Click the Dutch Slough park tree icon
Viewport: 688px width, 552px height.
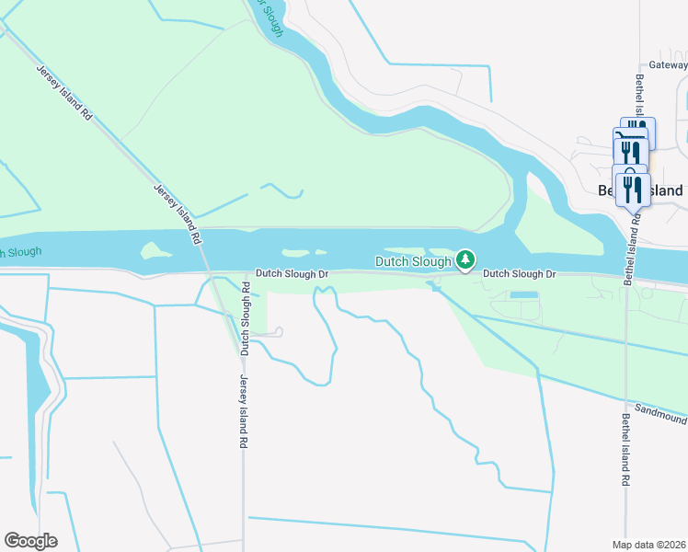click(465, 261)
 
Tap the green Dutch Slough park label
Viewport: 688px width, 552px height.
click(413, 261)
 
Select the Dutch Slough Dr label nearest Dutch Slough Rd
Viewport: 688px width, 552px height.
click(292, 274)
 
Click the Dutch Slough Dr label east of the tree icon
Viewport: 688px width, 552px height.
click(520, 274)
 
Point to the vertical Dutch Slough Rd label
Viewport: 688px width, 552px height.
click(246, 318)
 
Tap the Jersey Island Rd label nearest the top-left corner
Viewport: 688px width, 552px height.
click(64, 93)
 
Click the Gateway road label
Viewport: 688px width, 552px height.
click(668, 65)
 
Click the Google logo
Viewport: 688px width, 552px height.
click(30, 540)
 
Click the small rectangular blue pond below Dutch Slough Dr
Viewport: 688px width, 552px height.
click(523, 294)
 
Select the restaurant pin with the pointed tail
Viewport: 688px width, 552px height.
click(633, 190)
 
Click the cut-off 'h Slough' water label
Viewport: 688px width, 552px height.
click(20, 251)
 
